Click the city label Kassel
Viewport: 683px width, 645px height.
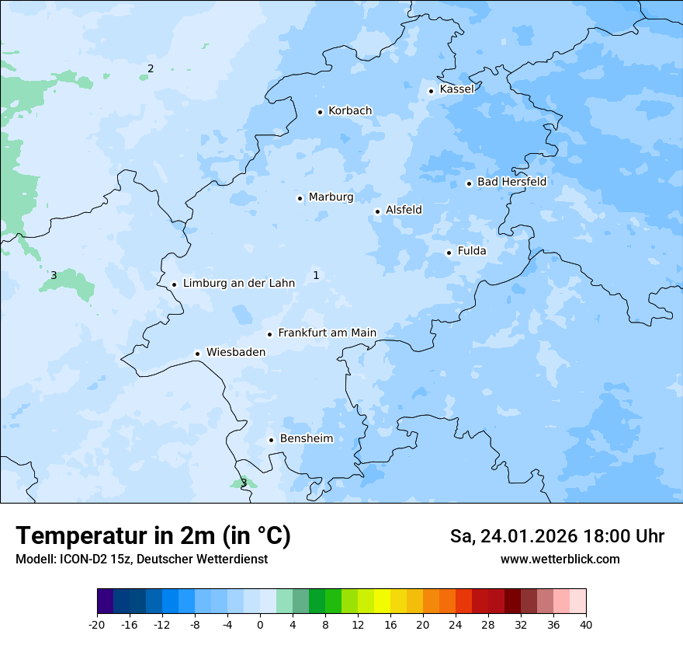[456, 89]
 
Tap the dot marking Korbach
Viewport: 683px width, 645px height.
[320, 112]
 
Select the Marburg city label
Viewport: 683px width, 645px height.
[331, 197]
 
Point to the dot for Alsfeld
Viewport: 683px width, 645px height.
[378, 211]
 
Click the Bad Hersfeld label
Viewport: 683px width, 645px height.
[511, 183]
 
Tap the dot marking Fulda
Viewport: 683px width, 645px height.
[449, 253]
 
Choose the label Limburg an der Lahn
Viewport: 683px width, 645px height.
[238, 284]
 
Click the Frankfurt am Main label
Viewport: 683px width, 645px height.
[327, 333]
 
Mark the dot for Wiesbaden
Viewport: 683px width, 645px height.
[198, 354]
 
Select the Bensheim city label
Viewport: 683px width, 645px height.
[306, 439]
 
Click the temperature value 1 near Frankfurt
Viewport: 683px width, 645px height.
[316, 275]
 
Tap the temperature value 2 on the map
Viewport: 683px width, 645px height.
[151, 68]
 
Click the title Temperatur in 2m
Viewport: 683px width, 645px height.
[153, 536]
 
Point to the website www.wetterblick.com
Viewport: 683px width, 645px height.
[560, 560]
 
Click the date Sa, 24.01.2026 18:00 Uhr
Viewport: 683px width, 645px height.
[556, 536]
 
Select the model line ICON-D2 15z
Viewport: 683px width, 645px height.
[141, 560]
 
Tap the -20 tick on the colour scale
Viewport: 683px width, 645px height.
[97, 624]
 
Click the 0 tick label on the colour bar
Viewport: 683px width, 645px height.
[260, 624]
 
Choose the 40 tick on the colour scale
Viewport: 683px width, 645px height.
[586, 624]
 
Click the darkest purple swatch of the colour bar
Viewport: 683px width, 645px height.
[105, 601]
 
